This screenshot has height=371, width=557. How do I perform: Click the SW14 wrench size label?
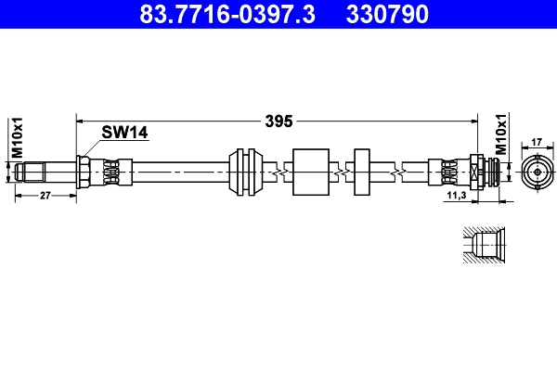tap(124, 134)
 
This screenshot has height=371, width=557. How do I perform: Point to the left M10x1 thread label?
tap(16, 138)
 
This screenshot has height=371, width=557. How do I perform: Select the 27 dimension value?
tap(45, 195)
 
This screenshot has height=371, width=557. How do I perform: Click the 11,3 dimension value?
tap(456, 197)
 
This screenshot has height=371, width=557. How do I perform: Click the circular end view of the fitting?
tap(537, 173)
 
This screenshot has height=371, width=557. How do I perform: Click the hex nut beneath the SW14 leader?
tap(84, 173)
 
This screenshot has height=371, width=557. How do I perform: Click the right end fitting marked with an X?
tap(475, 173)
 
